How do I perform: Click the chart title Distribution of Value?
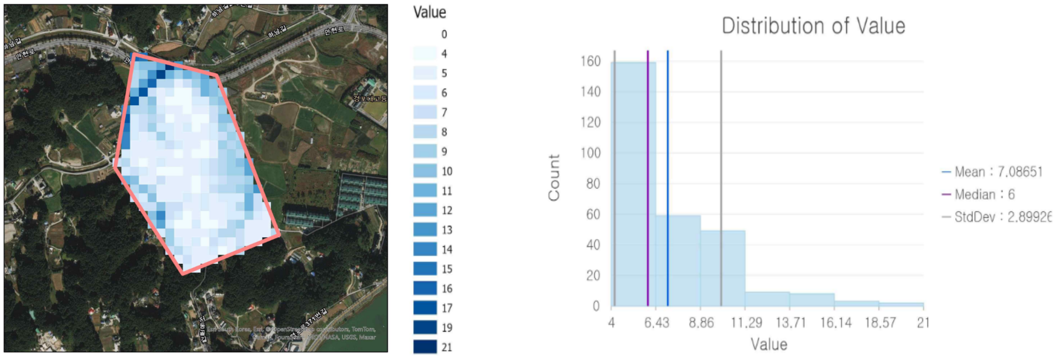(x=813, y=26)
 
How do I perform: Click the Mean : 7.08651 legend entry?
(x=993, y=172)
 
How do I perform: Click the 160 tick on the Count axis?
(x=590, y=61)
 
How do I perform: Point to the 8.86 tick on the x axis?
(x=701, y=323)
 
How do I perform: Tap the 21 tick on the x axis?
(x=923, y=323)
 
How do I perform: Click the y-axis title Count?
(x=554, y=177)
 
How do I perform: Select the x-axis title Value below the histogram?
(x=769, y=344)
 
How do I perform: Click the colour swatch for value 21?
(x=425, y=347)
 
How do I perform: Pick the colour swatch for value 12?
(x=425, y=210)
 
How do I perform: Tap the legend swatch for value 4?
(x=425, y=54)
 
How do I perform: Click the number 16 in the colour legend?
(x=447, y=289)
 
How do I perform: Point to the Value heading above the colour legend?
(x=429, y=12)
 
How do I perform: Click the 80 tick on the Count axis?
(x=593, y=184)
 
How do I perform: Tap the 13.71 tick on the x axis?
(x=790, y=323)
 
